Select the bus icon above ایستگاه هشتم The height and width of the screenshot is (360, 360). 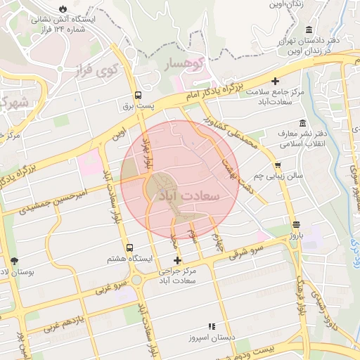coord(129,248)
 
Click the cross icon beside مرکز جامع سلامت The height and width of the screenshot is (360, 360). coord(275,81)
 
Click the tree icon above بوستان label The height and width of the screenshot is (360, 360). coord(15,261)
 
